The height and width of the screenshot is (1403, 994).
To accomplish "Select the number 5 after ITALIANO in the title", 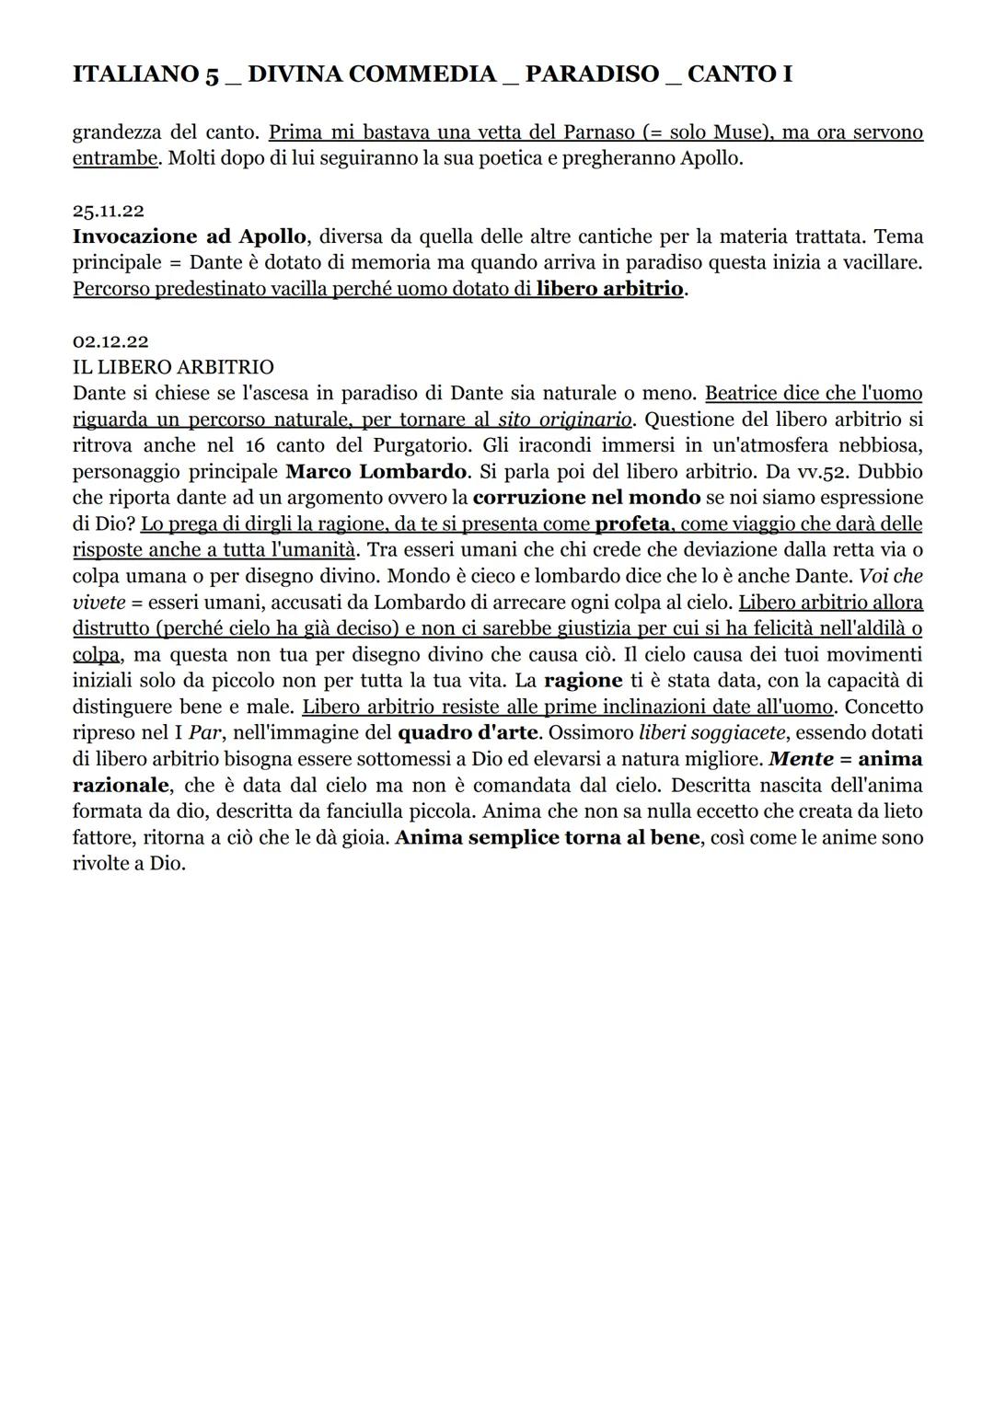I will (211, 75).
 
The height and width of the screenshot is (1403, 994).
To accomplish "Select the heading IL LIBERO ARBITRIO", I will (173, 367).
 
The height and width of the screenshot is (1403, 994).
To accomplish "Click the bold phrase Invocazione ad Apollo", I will (190, 236).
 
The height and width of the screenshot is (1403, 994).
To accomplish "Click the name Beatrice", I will (741, 394).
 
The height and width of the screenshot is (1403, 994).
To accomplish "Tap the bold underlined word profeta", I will (632, 524).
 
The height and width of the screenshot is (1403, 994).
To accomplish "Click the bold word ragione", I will (584, 682).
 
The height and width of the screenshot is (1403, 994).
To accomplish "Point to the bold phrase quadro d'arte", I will (468, 734).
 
